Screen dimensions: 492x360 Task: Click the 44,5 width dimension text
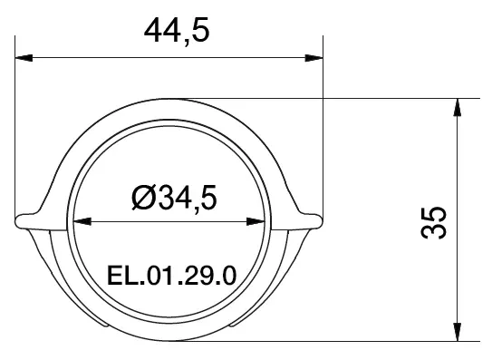tap(177, 32)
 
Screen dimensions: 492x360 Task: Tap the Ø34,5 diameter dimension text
tap(174, 198)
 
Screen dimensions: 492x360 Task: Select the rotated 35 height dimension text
tap(433, 222)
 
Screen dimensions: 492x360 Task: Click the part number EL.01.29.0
tap(171, 276)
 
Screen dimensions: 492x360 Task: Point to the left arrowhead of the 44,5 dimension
tap(24, 58)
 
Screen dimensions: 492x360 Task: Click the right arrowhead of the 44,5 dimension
tap(314, 58)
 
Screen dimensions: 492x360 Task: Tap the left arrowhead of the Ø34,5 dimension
tap(82, 221)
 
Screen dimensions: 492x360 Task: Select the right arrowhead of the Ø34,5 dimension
tap(256, 221)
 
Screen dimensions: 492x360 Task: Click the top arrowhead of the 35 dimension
tap(458, 107)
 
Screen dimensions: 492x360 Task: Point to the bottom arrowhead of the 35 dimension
tap(458, 332)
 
